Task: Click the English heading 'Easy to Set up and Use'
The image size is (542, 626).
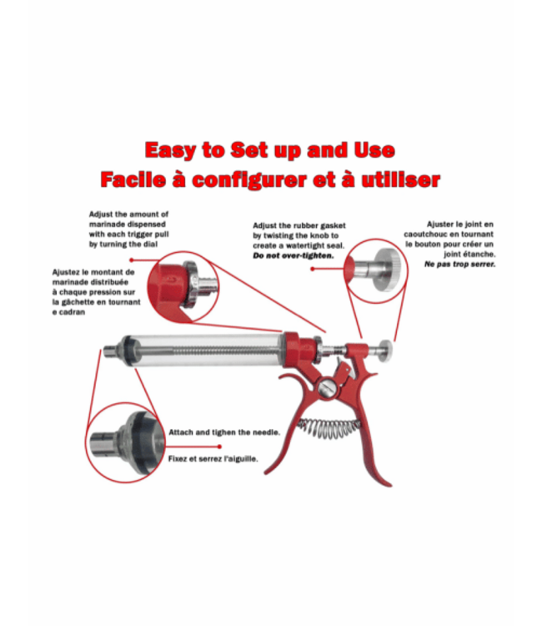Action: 269,150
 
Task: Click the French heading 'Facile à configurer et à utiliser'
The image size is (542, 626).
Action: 269,179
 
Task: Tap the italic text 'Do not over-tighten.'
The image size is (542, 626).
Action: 293,255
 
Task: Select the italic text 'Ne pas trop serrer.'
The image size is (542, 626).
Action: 460,264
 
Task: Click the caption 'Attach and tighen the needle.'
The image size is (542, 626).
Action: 223,432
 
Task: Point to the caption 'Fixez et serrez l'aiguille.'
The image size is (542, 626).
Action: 213,458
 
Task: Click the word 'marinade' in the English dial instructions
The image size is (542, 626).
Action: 110,225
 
